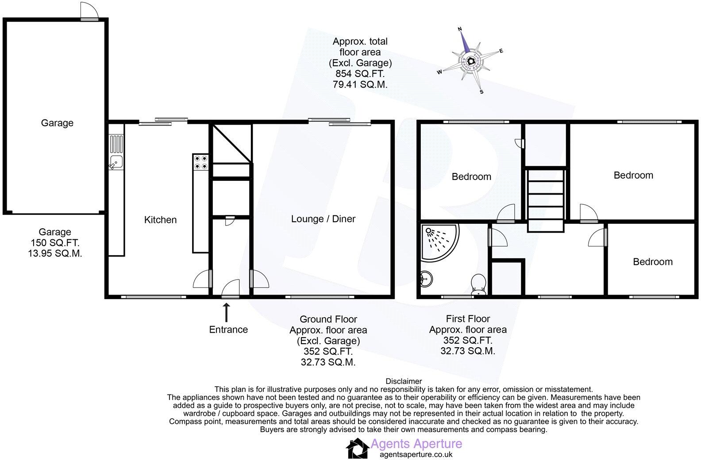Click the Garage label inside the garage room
point(57,123)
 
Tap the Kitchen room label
point(160,220)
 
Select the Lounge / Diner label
point(323,218)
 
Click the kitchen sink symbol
point(116,162)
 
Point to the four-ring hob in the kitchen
point(200,162)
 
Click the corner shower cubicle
point(438,243)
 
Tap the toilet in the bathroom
point(478,284)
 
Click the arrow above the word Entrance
point(227,312)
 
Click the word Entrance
point(228,330)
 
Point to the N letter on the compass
point(460,29)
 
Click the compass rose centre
point(471,61)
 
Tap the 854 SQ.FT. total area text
point(360,74)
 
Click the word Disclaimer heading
point(404,381)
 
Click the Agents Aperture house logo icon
point(357,448)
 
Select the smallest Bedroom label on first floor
point(652,262)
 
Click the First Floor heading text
point(468,318)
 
